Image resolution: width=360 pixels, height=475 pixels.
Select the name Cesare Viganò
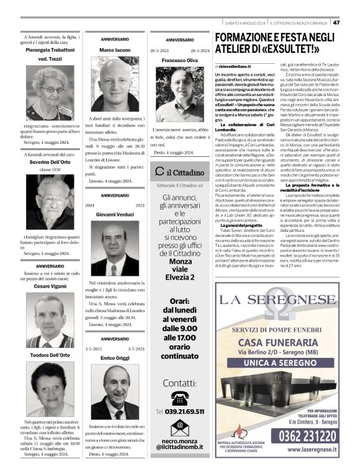pos(50,286)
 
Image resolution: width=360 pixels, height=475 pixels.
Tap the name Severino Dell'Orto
pos(50,161)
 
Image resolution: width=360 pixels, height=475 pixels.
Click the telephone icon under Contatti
pos(179,398)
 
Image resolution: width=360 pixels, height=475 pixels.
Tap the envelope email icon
pos(179,427)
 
